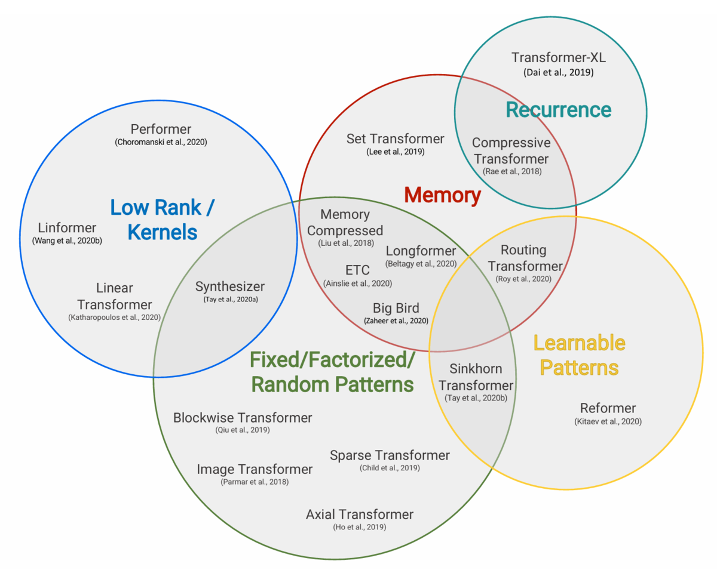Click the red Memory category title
(x=442, y=195)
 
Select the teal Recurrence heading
(x=559, y=110)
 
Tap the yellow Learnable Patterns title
(x=580, y=355)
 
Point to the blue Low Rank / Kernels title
(x=163, y=220)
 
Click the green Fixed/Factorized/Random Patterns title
(x=332, y=372)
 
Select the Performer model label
(x=161, y=130)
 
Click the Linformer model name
(x=67, y=228)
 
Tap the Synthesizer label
(x=230, y=286)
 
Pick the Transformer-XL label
(x=559, y=58)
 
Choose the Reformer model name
(x=608, y=408)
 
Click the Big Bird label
(x=396, y=309)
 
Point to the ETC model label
(x=357, y=270)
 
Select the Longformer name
(x=421, y=251)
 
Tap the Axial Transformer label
(x=360, y=514)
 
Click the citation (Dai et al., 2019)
(x=559, y=73)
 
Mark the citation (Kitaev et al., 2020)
(x=608, y=421)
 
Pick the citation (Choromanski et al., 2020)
(x=161, y=143)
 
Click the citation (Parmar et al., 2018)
(x=255, y=482)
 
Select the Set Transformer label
(x=395, y=139)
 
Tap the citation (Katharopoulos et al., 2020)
(x=114, y=318)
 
